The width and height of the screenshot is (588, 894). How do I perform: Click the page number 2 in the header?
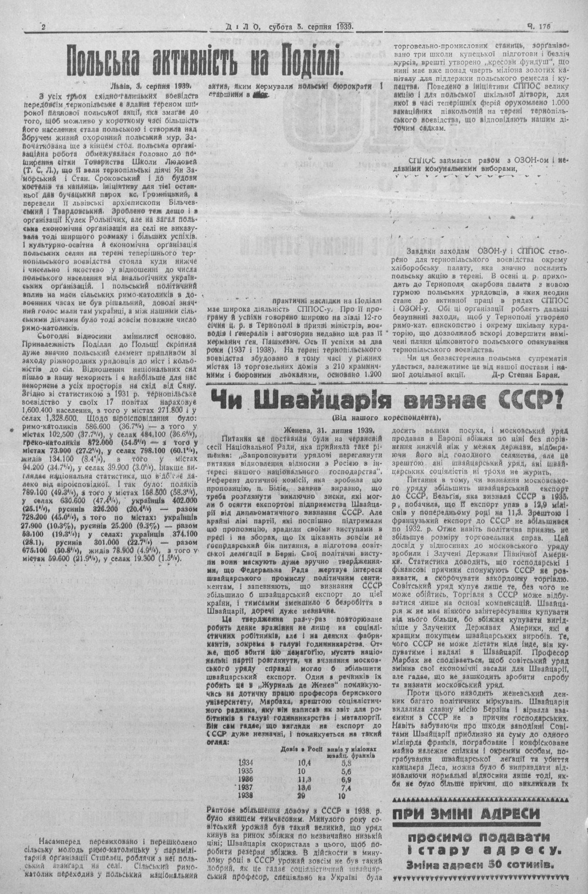[x=45, y=26]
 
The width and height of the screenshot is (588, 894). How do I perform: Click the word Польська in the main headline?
[x=103, y=60]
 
